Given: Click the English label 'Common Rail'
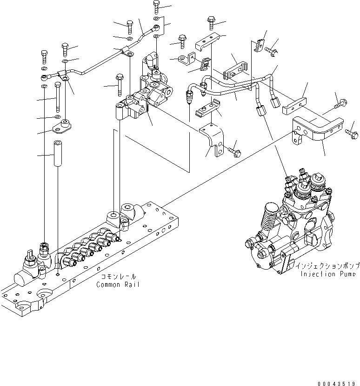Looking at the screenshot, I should pyautogui.click(x=118, y=284).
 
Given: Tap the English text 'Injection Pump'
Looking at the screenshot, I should pyautogui.click(x=329, y=274).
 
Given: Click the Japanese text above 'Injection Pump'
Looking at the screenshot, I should pyautogui.click(x=327, y=266).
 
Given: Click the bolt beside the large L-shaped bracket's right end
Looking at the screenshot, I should pyautogui.click(x=351, y=134).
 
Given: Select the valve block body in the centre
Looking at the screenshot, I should pyautogui.click(x=144, y=98).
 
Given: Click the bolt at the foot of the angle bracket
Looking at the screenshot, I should pyautogui.click(x=233, y=150).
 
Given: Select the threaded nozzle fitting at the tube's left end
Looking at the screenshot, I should pyautogui.click(x=189, y=98).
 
